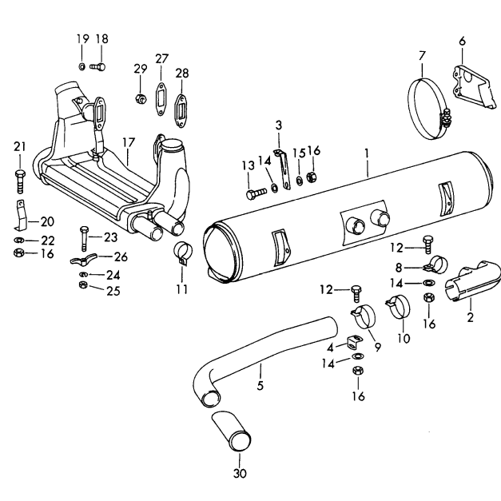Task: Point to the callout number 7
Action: click(422, 55)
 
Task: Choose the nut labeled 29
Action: click(140, 99)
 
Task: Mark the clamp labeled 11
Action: click(182, 253)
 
